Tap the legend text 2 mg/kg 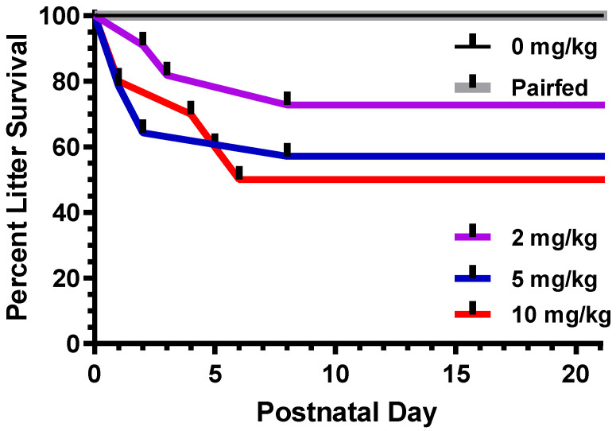(x=548, y=236)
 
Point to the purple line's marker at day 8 (x=287, y=99)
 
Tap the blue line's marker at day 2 (x=142, y=126)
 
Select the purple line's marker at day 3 (x=166, y=69)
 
